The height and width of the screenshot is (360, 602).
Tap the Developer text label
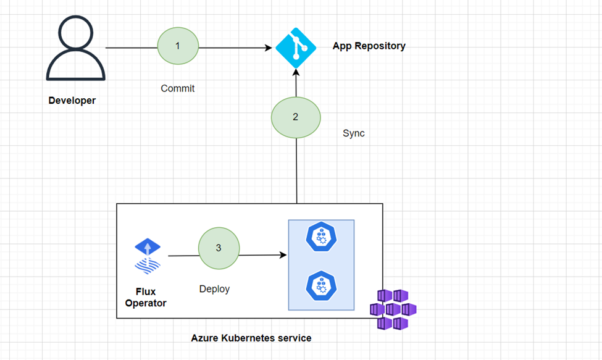click(x=72, y=100)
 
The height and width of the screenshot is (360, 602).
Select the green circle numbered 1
click(x=178, y=46)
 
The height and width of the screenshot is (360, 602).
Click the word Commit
click(x=177, y=88)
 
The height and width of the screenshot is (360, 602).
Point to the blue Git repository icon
click(x=296, y=48)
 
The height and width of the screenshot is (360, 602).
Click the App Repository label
click(x=369, y=46)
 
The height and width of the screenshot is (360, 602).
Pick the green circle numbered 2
click(x=296, y=117)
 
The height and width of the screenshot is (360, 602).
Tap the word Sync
click(x=354, y=133)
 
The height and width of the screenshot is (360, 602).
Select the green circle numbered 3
click(x=218, y=248)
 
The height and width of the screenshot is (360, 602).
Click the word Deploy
click(x=214, y=289)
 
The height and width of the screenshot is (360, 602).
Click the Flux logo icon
click(x=148, y=256)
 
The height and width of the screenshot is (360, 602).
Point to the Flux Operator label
click(x=146, y=297)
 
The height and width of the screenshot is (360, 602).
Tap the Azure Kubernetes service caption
click(x=251, y=338)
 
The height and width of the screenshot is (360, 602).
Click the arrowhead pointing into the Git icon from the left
click(x=269, y=48)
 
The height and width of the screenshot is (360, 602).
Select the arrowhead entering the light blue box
click(x=284, y=255)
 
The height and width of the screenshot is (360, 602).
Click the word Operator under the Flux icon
click(x=146, y=303)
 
